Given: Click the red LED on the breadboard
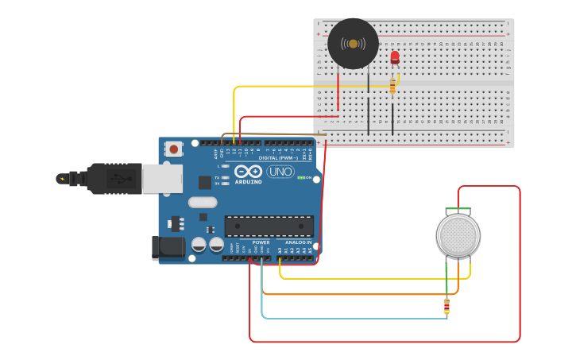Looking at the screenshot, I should pyautogui.click(x=395, y=56).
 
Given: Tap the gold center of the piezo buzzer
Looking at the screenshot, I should pyautogui.click(x=353, y=44).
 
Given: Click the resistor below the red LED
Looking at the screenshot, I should pyautogui.click(x=392, y=85).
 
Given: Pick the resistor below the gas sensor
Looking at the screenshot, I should pyautogui.click(x=446, y=306).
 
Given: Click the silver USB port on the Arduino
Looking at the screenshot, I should pyautogui.click(x=162, y=179).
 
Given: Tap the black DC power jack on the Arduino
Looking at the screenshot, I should pyautogui.click(x=168, y=247).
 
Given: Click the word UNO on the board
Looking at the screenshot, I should pyautogui.click(x=280, y=171).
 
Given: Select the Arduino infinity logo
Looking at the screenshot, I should pyautogui.click(x=248, y=171).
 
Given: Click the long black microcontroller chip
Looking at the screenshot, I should pyautogui.click(x=269, y=226).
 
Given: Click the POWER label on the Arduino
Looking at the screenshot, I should pyautogui.click(x=261, y=242).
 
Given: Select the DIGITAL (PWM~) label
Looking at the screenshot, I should pyautogui.click(x=262, y=157).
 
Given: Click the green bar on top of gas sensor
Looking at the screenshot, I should pyautogui.click(x=458, y=211).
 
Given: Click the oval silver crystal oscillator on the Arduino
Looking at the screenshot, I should pyautogui.click(x=202, y=202).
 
